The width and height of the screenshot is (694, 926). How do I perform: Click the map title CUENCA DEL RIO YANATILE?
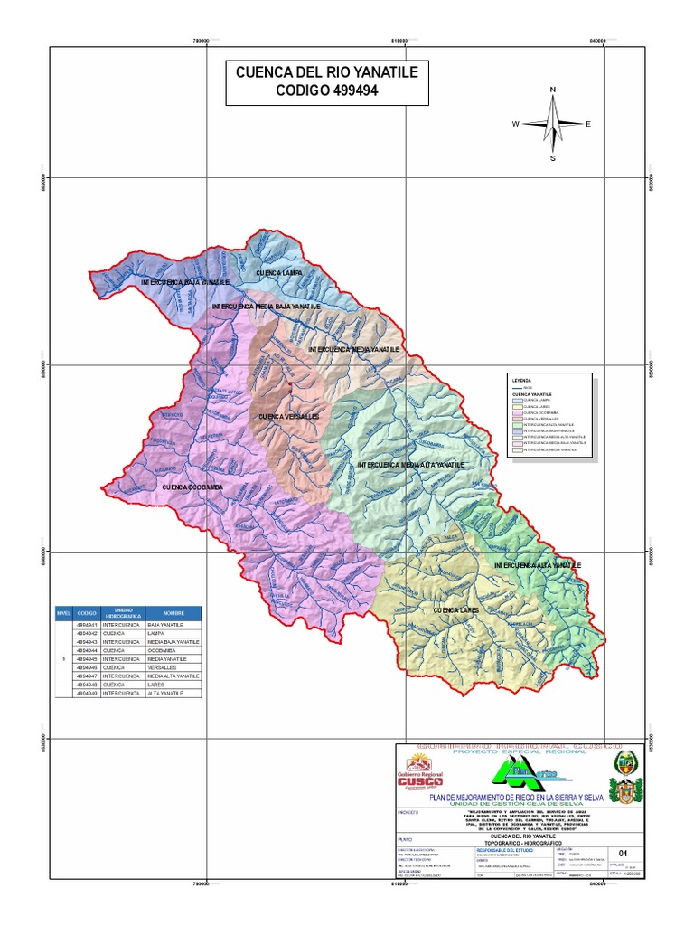pyautogui.click(x=327, y=71)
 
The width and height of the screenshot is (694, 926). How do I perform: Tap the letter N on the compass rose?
pyautogui.click(x=552, y=90)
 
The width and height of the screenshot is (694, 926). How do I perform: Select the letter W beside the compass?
pyautogui.click(x=515, y=124)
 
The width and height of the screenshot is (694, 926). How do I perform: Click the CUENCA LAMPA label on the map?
pyautogui.click(x=278, y=272)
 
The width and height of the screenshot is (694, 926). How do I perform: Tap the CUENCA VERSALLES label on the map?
pyautogui.click(x=289, y=417)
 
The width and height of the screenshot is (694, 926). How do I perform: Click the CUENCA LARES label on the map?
pyautogui.click(x=455, y=611)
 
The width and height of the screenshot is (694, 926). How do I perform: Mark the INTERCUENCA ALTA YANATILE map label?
pyautogui.click(x=538, y=565)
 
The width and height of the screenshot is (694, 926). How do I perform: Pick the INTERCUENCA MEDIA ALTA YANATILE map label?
pyautogui.click(x=410, y=464)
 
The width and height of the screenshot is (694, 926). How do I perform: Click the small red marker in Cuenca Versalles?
pyautogui.click(x=289, y=386)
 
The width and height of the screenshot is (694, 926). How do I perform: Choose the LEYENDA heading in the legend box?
pyautogui.click(x=521, y=380)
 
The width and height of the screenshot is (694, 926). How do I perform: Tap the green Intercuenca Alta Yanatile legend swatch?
pyautogui.click(x=516, y=423)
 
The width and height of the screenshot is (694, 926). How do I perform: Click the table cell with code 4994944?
pyautogui.click(x=87, y=650)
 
